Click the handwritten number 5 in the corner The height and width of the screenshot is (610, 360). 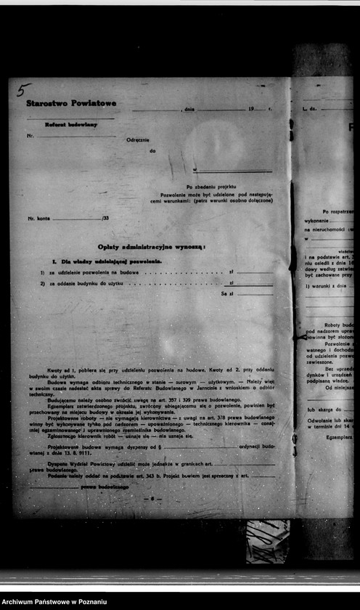click(x=23, y=89)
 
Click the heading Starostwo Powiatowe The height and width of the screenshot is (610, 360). click(x=71, y=103)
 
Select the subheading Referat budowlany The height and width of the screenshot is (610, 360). click(x=71, y=124)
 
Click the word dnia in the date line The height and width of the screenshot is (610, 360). click(x=189, y=108)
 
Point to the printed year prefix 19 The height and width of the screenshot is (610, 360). click(x=251, y=108)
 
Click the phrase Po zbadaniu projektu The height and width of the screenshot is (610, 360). click(x=211, y=187)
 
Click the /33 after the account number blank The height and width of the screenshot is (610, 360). click(x=105, y=218)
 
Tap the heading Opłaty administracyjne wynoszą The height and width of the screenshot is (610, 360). click(x=151, y=247)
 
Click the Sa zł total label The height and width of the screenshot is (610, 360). click(x=226, y=293)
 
